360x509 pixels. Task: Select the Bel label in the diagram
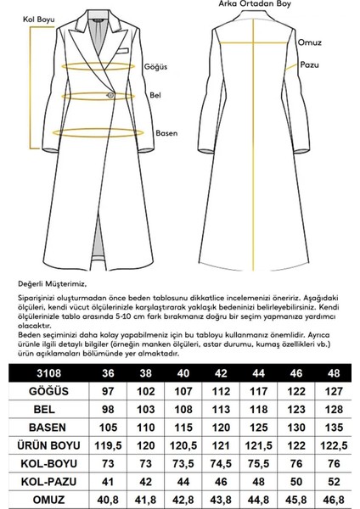click(x=155, y=96)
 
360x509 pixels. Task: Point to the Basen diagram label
click(x=166, y=133)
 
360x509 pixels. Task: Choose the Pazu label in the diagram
click(x=308, y=64)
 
